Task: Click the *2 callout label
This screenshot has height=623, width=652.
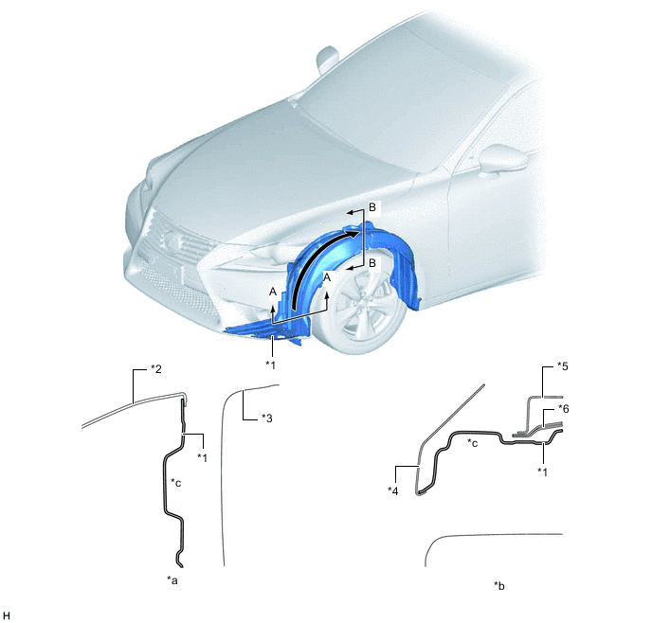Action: [x=155, y=369]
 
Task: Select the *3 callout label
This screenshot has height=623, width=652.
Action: [x=266, y=418]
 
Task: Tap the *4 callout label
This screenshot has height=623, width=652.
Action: [x=392, y=491]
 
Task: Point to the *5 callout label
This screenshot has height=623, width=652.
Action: [x=562, y=366]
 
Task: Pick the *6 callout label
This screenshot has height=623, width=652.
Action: [x=563, y=409]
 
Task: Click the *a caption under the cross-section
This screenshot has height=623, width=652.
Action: [x=172, y=579]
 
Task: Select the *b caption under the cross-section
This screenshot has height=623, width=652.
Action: [x=499, y=586]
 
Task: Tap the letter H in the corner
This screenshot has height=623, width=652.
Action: [x=7, y=615]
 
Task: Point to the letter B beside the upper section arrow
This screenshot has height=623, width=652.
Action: [x=372, y=206]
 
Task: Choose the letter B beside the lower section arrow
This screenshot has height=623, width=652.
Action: [x=372, y=263]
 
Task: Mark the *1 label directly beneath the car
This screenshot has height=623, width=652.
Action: [x=270, y=365]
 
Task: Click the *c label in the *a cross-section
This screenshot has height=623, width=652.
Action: [x=176, y=483]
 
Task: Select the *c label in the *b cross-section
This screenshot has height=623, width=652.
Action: [x=472, y=443]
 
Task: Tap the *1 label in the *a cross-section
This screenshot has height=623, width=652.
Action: [x=202, y=457]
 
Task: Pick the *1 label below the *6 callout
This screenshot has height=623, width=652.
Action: [x=542, y=472]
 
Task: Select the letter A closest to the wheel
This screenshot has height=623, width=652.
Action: [x=327, y=277]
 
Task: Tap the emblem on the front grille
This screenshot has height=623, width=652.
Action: [x=170, y=238]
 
